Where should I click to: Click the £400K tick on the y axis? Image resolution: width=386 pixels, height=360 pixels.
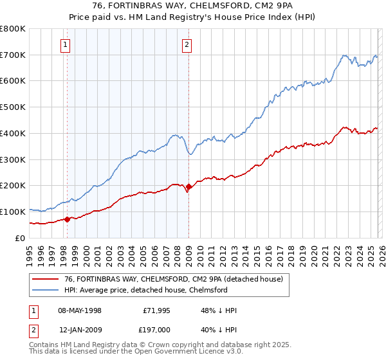(13, 133)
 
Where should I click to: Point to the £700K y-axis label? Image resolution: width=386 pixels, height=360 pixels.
(13, 55)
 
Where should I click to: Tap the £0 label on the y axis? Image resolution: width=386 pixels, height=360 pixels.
(21, 238)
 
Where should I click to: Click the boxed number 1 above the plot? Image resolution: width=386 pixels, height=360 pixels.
(66, 45)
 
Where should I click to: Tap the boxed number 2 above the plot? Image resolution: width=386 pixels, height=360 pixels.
(187, 45)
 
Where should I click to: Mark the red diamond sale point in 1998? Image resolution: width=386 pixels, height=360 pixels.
(67, 219)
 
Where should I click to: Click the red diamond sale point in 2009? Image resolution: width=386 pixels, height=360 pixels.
(188, 187)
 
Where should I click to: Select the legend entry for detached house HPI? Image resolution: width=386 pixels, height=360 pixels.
(146, 290)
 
